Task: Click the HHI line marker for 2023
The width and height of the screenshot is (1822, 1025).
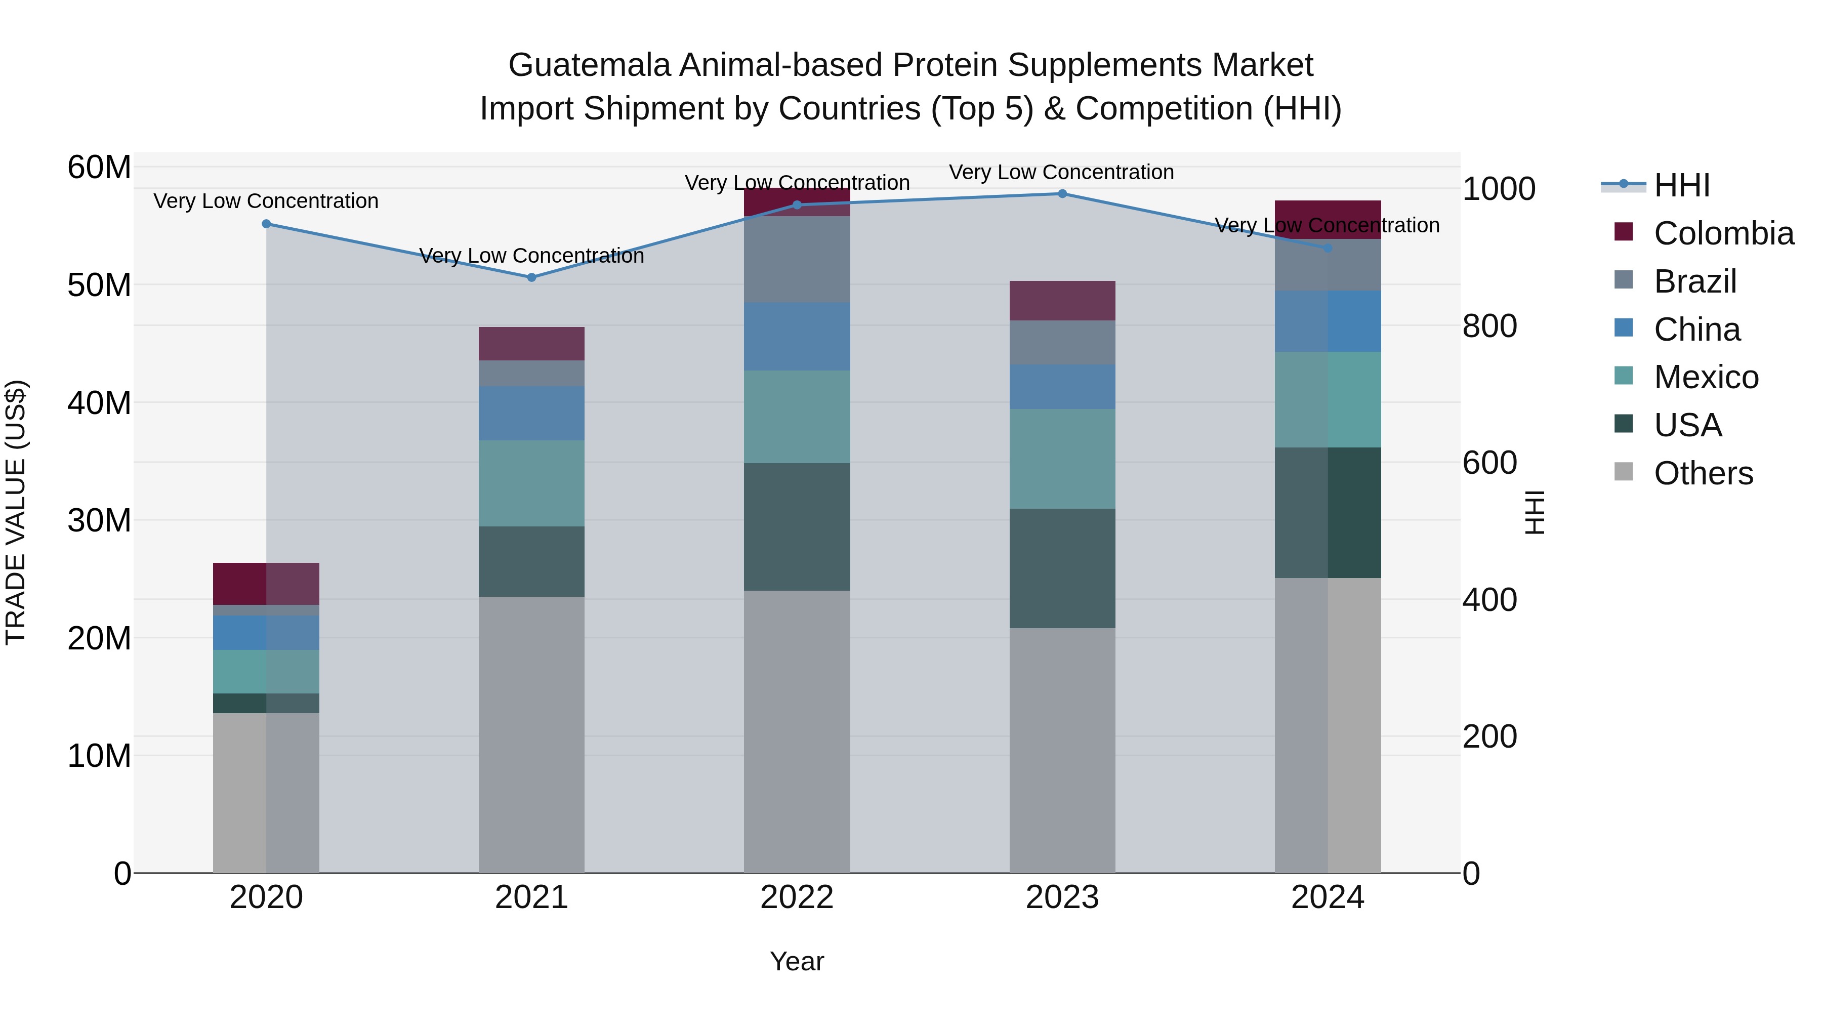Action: pyautogui.click(x=1062, y=194)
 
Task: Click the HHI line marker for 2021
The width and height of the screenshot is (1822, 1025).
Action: pyautogui.click(x=532, y=277)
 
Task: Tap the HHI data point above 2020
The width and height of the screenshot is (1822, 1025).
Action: pyautogui.click(x=267, y=224)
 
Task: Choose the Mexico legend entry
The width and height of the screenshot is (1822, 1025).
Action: pyautogui.click(x=1705, y=377)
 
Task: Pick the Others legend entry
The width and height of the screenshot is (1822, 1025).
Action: pyautogui.click(x=1703, y=473)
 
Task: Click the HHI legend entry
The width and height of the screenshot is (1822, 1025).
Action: pyautogui.click(x=1681, y=185)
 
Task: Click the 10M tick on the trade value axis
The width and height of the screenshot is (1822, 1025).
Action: pyautogui.click(x=99, y=756)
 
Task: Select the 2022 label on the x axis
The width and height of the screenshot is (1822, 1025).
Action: pyautogui.click(x=797, y=897)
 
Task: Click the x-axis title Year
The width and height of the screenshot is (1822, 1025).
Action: pyautogui.click(x=797, y=961)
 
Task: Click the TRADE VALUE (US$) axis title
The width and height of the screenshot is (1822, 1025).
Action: pyautogui.click(x=16, y=512)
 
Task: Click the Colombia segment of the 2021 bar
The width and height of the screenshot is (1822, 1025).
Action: pyautogui.click(x=532, y=344)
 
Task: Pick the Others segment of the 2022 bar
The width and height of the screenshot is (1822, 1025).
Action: pyautogui.click(x=797, y=731)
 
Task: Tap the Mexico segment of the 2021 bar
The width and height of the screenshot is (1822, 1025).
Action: pyautogui.click(x=532, y=483)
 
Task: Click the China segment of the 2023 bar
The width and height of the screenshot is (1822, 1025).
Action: pyautogui.click(x=1062, y=387)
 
